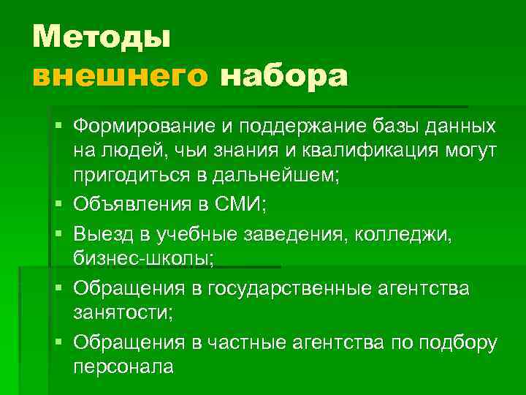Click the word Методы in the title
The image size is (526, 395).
coord(102,37)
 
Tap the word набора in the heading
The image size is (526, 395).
coord(284,75)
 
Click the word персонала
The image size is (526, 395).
coord(123,366)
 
